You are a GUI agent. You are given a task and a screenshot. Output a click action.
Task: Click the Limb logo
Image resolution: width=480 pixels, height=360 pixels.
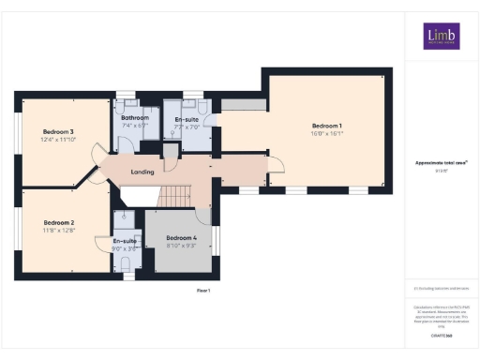pos(441,37)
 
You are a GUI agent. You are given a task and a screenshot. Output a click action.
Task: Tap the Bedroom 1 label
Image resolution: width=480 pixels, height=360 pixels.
pos(326,126)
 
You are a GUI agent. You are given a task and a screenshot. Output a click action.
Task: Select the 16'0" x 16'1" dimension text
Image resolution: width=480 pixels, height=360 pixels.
pos(326,134)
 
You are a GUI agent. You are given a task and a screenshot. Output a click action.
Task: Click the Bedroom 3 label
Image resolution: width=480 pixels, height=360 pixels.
pos(58,131)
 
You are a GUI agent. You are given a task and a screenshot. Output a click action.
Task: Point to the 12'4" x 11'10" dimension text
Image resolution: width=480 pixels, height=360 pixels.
pos(58,140)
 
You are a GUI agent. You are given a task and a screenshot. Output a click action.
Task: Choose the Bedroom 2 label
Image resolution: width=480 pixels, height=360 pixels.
pos(58,222)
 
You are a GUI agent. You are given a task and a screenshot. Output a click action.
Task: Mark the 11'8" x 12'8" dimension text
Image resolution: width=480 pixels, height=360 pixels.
pos(58,231)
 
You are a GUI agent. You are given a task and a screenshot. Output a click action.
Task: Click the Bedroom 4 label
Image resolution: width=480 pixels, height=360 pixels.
pos(182,238)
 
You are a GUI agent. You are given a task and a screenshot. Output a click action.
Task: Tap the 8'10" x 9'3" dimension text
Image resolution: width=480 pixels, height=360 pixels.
pos(182,247)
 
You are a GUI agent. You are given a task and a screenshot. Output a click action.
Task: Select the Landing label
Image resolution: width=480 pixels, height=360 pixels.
pos(142,172)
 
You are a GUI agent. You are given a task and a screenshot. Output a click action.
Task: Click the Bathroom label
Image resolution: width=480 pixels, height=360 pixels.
pos(136,117)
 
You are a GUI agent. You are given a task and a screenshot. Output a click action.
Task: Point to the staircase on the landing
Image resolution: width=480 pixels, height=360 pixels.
pos(174,196)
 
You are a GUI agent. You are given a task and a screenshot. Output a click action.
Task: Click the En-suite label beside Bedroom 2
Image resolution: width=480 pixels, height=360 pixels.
pos(125,241)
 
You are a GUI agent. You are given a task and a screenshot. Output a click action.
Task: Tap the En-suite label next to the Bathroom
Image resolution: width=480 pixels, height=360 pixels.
pos(186,119)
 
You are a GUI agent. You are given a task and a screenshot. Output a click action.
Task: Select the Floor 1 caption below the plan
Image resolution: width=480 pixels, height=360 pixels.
pos(202,291)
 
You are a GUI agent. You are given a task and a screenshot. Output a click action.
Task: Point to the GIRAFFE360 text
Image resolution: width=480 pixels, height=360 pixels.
pos(441,335)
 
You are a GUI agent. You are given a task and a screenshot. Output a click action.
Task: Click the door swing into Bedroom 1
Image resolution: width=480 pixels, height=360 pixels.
pos(274,165)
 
